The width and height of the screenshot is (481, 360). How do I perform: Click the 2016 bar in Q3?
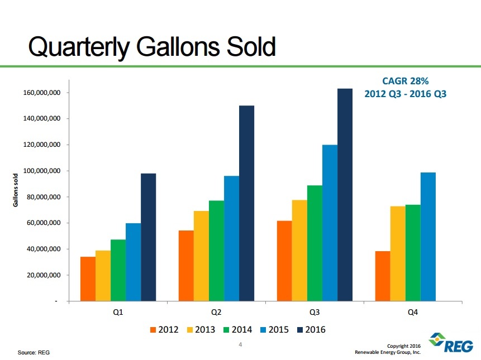[345, 195]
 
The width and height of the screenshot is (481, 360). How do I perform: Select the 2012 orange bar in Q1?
[88, 279]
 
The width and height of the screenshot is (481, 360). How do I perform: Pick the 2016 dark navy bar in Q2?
[246, 203]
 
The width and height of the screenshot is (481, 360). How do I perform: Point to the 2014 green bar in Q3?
[315, 243]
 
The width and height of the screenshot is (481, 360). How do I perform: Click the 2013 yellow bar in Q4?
[398, 253]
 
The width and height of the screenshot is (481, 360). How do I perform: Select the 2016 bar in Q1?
[148, 237]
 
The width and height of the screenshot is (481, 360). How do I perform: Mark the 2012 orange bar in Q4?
[383, 276]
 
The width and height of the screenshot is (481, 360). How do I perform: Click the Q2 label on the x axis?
[216, 313]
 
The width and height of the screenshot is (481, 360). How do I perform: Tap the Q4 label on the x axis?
[412, 313]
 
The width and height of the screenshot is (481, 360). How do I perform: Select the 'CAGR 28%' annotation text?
[406, 80]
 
